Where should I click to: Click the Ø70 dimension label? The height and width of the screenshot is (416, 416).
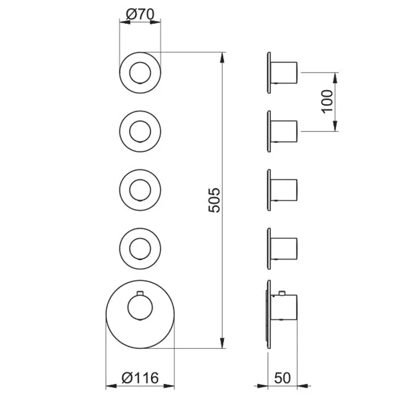click(140, 14)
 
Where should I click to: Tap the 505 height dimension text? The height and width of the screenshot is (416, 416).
click(215, 200)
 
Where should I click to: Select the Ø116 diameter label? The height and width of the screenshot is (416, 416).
click(140, 378)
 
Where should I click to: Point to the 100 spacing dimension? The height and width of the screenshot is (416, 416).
click(327, 102)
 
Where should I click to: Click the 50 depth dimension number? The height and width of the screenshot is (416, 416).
click(282, 378)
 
